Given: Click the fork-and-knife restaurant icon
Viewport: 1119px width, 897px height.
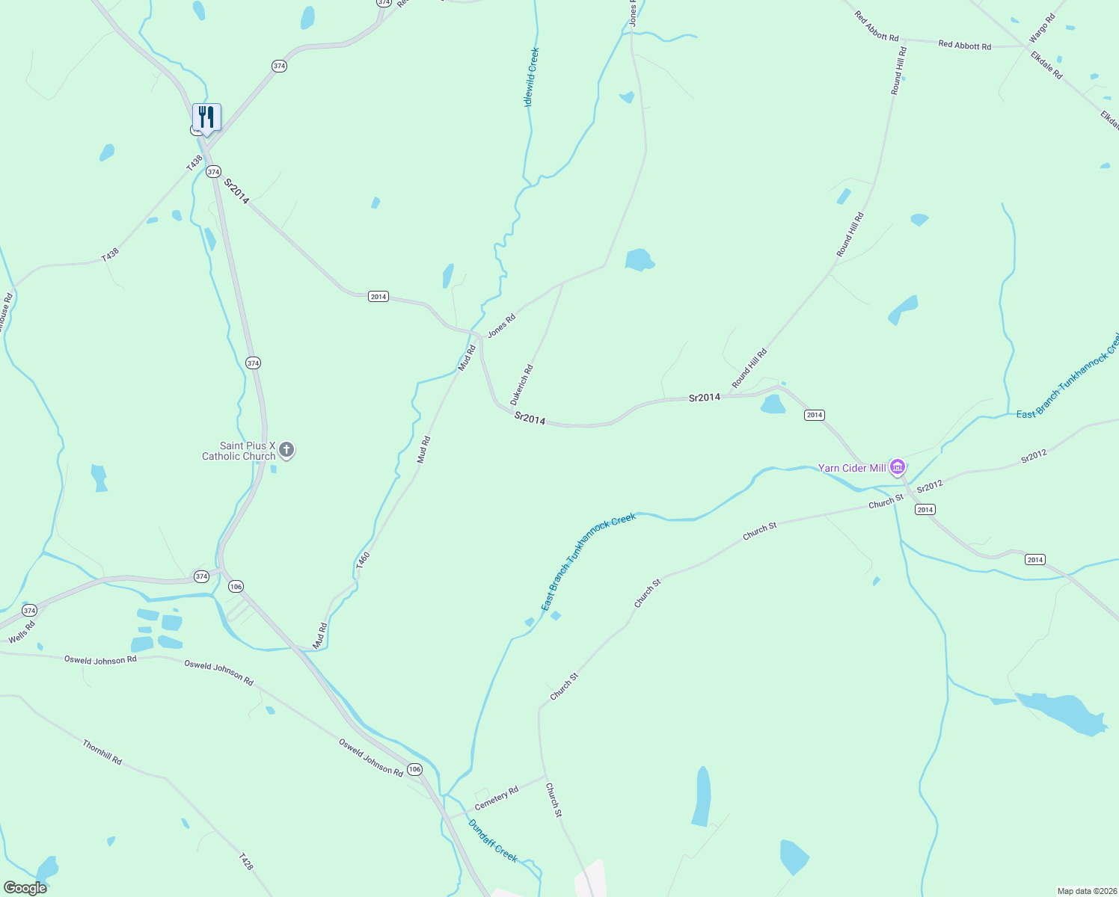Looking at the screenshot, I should point(206,117).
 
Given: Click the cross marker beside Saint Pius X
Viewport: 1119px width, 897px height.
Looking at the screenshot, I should point(286,450).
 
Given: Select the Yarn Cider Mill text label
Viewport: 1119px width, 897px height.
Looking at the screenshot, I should point(852,468).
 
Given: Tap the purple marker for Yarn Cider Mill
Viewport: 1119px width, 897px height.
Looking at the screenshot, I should point(898,466).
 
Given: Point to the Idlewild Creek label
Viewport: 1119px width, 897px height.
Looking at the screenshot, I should point(532,77).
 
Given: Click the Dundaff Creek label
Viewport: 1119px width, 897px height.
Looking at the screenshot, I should point(493,841).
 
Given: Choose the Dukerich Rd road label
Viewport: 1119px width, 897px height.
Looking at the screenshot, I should point(522,385).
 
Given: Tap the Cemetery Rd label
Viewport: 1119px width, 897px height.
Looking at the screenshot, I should point(496,798).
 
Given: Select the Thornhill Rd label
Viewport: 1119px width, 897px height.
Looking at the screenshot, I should point(102,752).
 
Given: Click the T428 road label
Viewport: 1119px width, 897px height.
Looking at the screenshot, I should point(246,861).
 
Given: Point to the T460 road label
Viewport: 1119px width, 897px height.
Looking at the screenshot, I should point(363,561).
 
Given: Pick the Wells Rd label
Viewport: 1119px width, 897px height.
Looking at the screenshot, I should point(22,632).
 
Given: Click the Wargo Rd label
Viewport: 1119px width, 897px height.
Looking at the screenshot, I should point(1041,28).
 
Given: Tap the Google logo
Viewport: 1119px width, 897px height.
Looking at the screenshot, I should point(25,888).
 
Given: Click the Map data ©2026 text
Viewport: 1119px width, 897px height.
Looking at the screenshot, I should point(1086,891).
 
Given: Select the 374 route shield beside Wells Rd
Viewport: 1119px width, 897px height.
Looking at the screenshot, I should point(29,611).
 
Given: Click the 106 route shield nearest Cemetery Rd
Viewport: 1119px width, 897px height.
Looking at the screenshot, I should point(414,769).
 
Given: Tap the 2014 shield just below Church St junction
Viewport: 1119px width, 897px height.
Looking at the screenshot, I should point(925,509).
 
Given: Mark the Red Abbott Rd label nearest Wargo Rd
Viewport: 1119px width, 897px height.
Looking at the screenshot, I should point(964,46).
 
